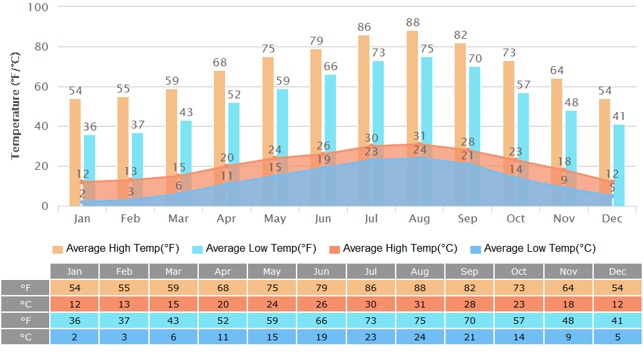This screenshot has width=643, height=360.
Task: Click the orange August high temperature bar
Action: tap(412, 85)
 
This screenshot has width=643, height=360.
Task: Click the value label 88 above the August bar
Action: tap(412, 22)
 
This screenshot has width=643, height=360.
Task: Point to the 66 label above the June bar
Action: tap(330, 66)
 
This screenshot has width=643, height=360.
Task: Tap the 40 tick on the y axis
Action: tap(41, 127)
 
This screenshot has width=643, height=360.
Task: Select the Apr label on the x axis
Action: tap(226, 218)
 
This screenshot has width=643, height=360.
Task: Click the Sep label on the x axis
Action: tap(468, 218)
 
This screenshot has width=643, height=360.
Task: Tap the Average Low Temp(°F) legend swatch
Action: tap(197, 249)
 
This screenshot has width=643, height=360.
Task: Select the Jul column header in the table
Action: tap(371, 271)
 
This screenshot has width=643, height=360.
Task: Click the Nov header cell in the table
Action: tap(568, 271)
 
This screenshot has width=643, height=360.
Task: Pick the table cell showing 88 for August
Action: tap(420, 288)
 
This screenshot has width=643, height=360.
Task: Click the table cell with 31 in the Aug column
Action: tap(420, 304)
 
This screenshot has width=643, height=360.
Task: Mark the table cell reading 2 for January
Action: tap(75, 336)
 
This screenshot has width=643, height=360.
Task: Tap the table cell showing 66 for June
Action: tap(321, 321)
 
